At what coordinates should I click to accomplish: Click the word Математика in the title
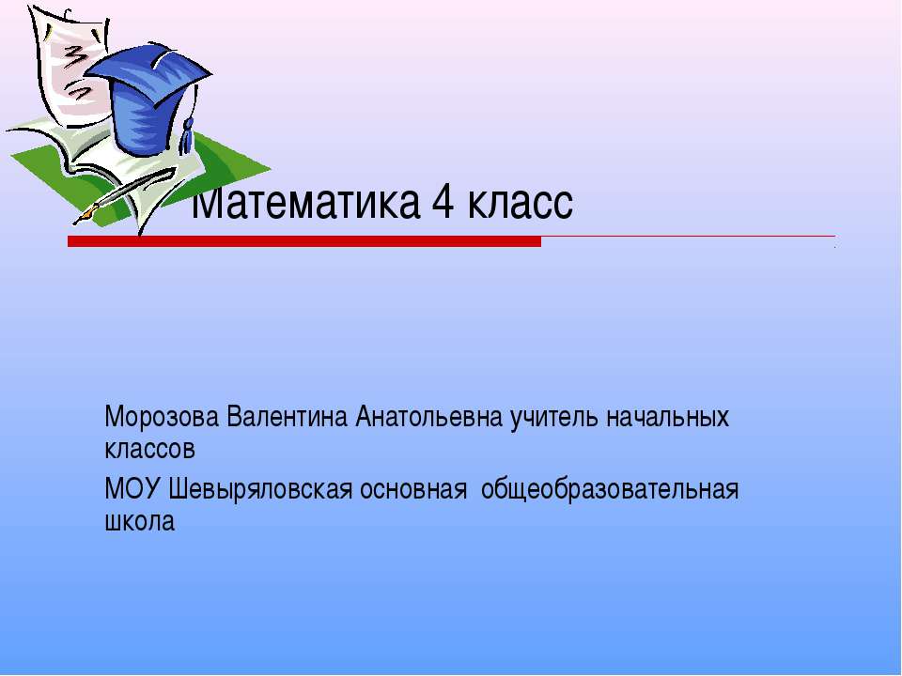(305, 202)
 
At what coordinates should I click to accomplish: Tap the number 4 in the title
(443, 202)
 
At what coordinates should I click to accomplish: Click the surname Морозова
(162, 417)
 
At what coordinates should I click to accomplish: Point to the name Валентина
(288, 417)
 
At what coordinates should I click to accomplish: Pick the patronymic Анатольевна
(429, 417)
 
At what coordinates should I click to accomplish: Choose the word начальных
(667, 417)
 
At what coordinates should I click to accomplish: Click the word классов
(149, 450)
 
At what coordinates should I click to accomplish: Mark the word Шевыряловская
(260, 491)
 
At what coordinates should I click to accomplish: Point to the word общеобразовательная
(609, 491)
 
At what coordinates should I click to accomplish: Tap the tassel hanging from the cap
(188, 135)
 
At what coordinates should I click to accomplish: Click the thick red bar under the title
(304, 241)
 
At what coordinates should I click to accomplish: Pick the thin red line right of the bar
(688, 236)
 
